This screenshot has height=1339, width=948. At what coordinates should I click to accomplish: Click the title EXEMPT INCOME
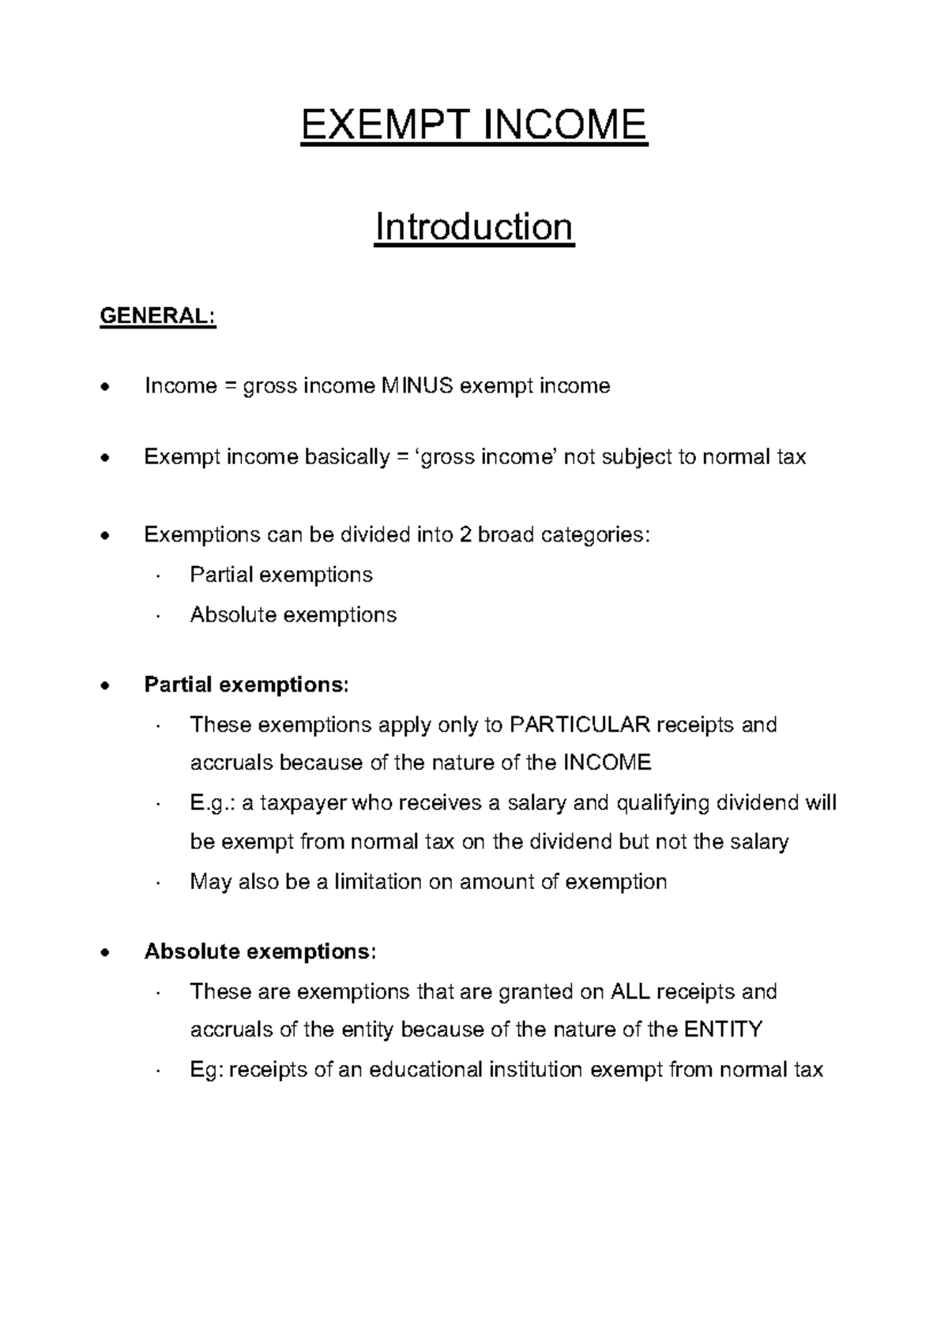[x=473, y=125]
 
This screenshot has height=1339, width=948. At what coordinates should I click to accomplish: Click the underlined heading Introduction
[x=474, y=227]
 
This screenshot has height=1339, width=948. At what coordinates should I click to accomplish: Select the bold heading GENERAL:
[x=157, y=316]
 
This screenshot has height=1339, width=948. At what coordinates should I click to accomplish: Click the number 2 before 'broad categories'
[x=465, y=534]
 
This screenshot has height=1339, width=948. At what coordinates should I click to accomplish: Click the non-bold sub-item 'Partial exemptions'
[x=280, y=574]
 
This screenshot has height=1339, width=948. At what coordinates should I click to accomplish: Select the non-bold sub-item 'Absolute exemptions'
[x=293, y=614]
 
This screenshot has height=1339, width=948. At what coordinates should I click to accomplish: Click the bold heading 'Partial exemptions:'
[x=246, y=685]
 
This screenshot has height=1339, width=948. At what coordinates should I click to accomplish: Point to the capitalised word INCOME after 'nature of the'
[x=607, y=763]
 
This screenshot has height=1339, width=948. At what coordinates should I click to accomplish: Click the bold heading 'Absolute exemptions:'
[x=260, y=951]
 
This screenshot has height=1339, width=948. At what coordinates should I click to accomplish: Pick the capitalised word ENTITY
[x=723, y=1030]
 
